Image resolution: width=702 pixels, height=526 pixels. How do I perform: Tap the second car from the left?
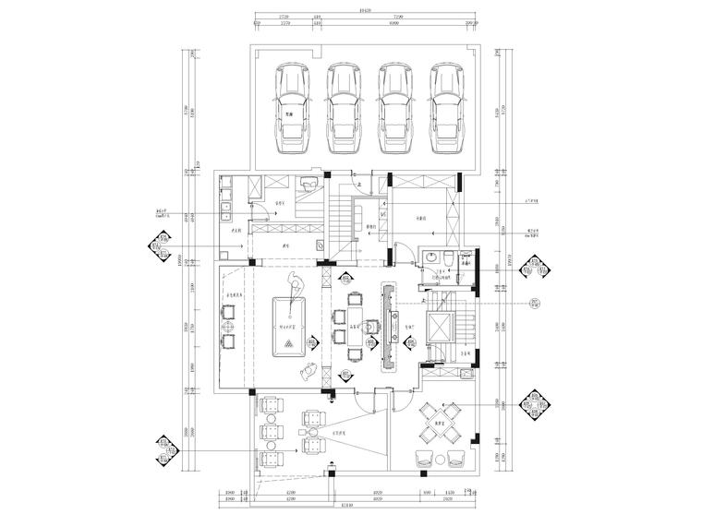(345, 110)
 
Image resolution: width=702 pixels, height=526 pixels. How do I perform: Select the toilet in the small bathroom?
(448, 257)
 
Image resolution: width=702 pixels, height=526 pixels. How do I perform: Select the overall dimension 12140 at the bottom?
(346, 506)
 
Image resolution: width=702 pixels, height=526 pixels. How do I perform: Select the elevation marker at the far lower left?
(163, 450)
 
